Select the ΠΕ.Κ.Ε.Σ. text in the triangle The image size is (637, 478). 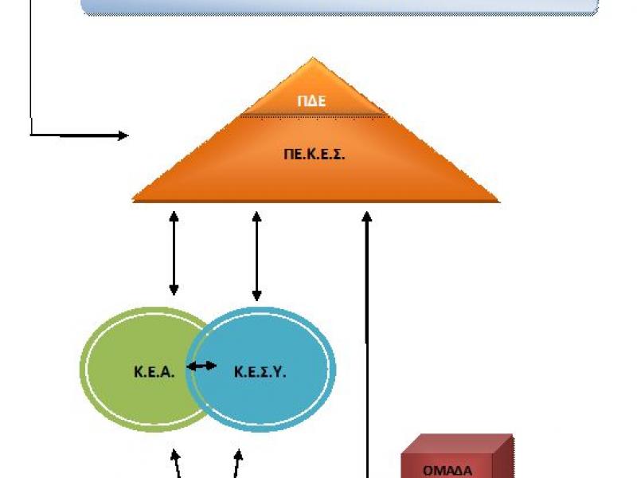(x=315, y=155)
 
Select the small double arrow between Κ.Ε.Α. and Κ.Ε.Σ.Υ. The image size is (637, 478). (x=201, y=366)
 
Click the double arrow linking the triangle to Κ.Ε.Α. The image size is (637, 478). (x=174, y=253)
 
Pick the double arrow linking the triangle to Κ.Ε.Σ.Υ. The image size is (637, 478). (x=256, y=255)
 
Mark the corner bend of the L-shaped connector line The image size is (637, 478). (x=30, y=135)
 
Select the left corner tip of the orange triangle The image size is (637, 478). (x=134, y=200)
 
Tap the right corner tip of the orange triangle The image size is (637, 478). (x=498, y=200)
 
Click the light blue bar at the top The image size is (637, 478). (x=339, y=7)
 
